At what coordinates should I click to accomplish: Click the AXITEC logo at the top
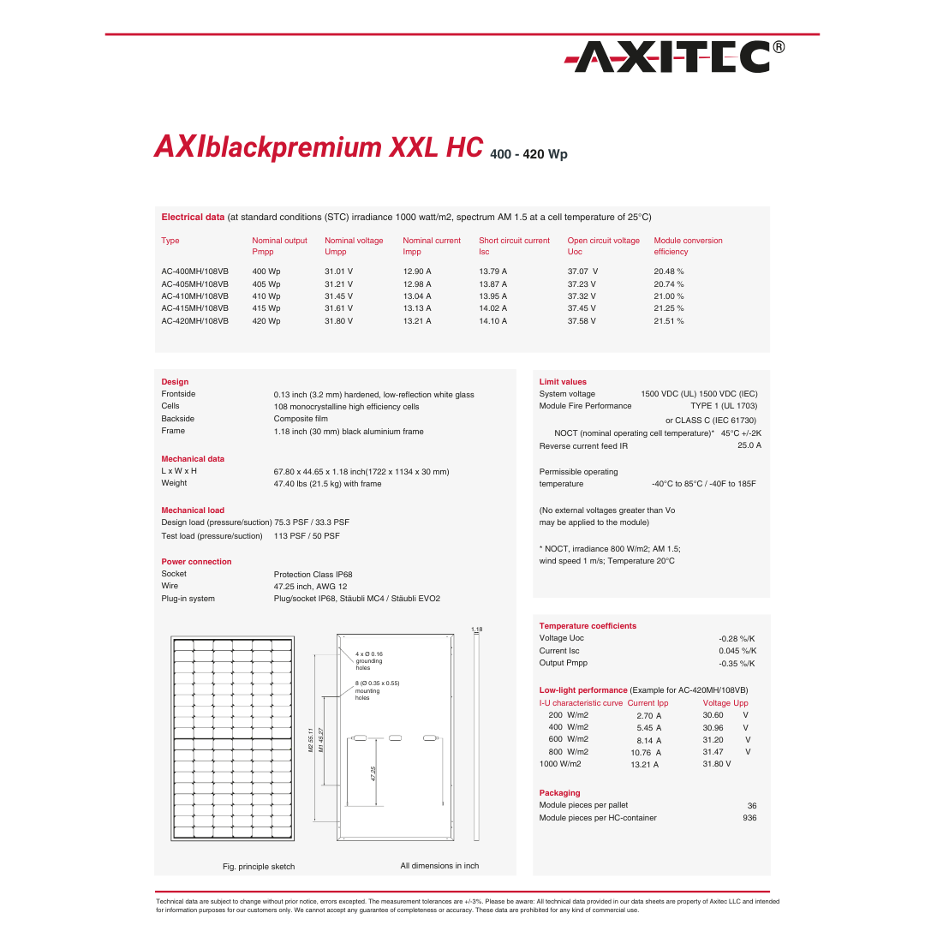(x=674, y=57)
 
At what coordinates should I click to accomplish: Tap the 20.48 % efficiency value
(x=668, y=272)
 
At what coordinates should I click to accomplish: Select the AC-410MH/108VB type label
(x=194, y=296)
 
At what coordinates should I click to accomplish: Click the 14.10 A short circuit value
(x=492, y=321)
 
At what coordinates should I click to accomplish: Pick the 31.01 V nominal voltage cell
(x=338, y=272)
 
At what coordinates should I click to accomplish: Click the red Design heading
(x=175, y=382)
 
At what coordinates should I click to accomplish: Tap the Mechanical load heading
(x=193, y=510)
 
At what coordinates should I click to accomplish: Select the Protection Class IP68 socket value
(x=313, y=575)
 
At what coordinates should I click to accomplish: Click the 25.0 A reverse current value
(x=749, y=445)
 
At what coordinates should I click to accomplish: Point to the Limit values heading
(x=563, y=382)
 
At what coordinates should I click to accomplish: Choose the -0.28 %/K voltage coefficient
(x=737, y=639)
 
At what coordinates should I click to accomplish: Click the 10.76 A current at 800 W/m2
(x=646, y=753)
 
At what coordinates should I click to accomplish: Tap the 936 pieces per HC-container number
(x=749, y=818)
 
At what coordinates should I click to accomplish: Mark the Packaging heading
(x=559, y=793)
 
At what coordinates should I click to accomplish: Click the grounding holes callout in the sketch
(x=369, y=660)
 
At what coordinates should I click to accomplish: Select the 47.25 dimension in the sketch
(x=373, y=773)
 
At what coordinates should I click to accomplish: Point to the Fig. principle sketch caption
(x=259, y=867)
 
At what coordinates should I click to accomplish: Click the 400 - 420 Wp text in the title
(x=528, y=155)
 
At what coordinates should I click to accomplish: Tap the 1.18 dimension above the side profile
(x=476, y=630)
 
